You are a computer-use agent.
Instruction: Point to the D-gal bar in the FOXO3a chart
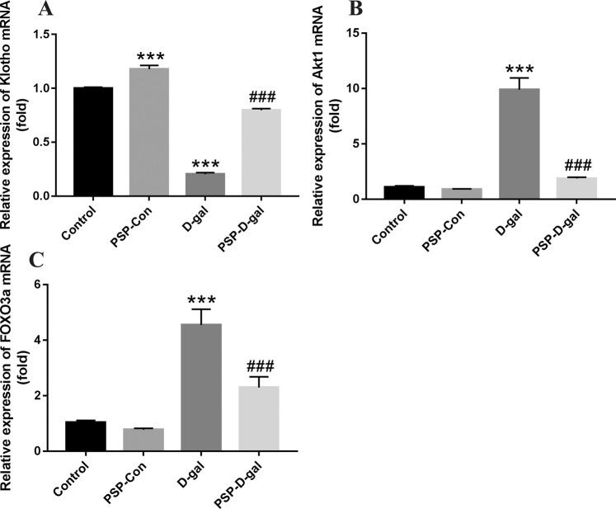click(x=200, y=388)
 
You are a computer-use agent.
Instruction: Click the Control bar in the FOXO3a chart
click(x=86, y=436)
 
